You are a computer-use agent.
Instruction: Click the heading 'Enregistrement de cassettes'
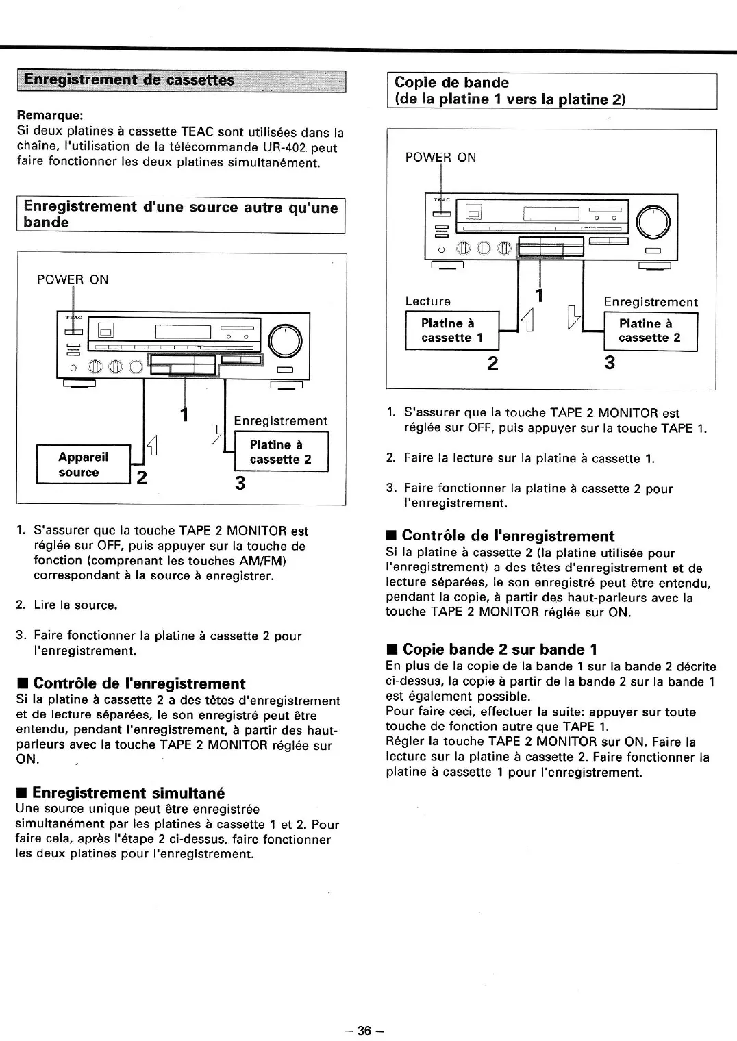pos(129,80)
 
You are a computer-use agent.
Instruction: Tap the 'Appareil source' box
pos(83,464)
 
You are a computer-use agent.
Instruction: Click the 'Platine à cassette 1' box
pos(451,330)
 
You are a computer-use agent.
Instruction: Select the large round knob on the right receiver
pos(653,222)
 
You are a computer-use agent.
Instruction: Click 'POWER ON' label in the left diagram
pos(73,279)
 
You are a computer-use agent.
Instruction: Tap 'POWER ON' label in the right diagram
pos(440,158)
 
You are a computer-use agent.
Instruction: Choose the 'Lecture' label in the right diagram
pos(428,301)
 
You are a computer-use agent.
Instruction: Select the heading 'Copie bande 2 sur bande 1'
pos(499,649)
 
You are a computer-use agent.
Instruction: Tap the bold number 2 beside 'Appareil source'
pos(142,477)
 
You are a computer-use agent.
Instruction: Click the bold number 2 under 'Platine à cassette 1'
pos(492,363)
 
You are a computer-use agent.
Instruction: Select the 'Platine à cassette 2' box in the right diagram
pos(649,331)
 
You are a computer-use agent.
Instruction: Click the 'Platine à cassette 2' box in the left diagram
pos(281,452)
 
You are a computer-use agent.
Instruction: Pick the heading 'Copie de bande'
pos(452,83)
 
